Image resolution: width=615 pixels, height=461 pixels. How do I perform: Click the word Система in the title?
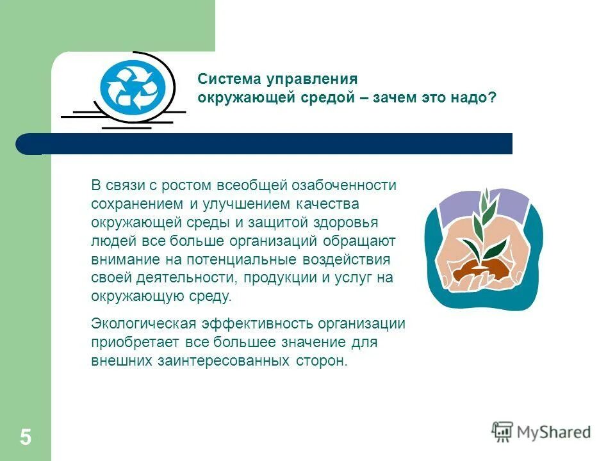point(224,79)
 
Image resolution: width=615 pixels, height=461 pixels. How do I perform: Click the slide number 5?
point(25,438)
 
